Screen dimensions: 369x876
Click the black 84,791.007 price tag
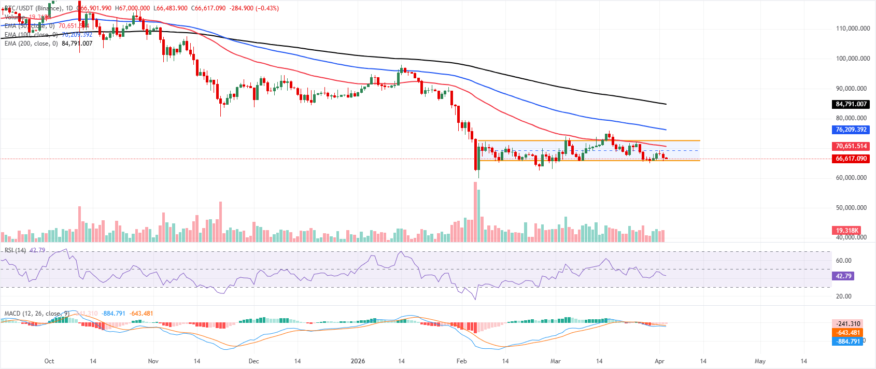[851, 104]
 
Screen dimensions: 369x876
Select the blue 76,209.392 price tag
[851, 130]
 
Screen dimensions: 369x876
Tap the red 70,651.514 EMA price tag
[851, 146]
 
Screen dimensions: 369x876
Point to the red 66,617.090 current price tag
[851, 159]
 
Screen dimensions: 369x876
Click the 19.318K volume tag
[847, 230]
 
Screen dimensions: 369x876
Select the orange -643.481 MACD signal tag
[847, 333]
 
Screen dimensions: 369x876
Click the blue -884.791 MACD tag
[847, 341]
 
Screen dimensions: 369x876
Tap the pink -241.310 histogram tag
[847, 324]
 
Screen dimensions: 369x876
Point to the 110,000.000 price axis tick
[853, 29]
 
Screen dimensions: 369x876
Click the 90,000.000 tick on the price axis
[853, 89]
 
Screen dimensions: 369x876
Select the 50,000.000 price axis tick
[853, 208]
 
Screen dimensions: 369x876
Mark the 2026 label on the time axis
[358, 361]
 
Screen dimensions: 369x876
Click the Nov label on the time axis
[153, 361]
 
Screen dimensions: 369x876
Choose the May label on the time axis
[760, 361]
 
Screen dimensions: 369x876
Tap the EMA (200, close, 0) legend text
[31, 44]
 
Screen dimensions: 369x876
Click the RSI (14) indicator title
[15, 250]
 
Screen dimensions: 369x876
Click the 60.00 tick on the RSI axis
[844, 261]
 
